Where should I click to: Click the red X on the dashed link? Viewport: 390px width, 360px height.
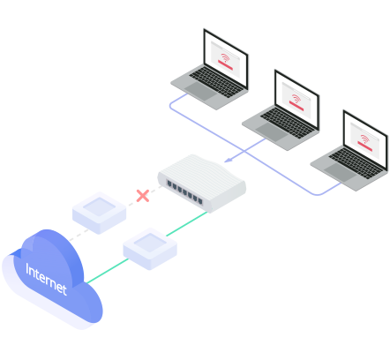pos(143,196)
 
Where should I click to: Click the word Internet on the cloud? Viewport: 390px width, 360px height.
pos(46,279)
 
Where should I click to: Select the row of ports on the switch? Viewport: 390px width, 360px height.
pos(184,192)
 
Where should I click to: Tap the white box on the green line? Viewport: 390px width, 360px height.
pos(150,249)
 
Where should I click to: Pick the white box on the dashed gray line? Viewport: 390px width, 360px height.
pos(100,213)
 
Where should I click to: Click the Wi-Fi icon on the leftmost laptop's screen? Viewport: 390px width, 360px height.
pos(225,57)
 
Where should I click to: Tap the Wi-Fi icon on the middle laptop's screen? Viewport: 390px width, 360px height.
pos(296,98)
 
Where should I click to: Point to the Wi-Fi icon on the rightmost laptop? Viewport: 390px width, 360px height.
pos(364,139)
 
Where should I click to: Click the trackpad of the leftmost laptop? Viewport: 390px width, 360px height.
pos(200,91)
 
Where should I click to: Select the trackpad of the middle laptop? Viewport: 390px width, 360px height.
pos(272,131)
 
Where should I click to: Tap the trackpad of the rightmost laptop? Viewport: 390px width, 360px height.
pos(341,172)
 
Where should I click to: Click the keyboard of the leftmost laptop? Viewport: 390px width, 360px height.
pos(216,82)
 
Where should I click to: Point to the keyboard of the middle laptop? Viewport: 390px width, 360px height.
pos(288,123)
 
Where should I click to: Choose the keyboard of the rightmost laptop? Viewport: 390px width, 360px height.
pos(356,163)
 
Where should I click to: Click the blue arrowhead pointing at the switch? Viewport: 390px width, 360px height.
pos(229,160)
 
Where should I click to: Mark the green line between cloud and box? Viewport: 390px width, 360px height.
pos(108,271)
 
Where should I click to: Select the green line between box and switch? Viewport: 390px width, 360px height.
pos(187,223)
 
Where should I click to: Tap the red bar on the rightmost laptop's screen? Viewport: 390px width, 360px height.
pos(364,146)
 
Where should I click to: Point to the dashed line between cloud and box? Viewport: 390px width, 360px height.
pos(79,235)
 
